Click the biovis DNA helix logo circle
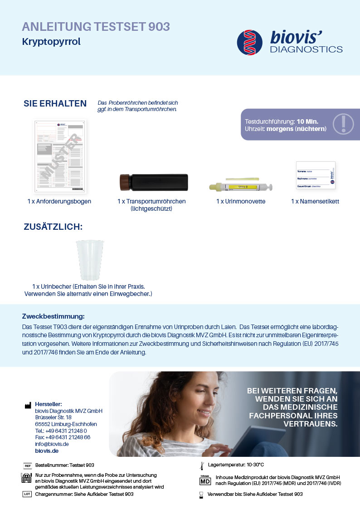(250, 43)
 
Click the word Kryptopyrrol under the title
(51, 42)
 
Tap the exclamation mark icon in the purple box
(343, 124)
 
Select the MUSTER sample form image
(60, 157)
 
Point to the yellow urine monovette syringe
(240, 186)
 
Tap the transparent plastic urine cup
(90, 260)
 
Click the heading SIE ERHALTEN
(55, 104)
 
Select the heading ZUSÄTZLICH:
(53, 227)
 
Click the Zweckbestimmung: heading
(54, 316)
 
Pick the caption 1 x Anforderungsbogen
(59, 201)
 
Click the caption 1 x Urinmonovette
(241, 201)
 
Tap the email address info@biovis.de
(52, 444)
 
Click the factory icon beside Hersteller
(28, 406)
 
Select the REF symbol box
(27, 465)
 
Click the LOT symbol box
(27, 494)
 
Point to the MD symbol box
(205, 480)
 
